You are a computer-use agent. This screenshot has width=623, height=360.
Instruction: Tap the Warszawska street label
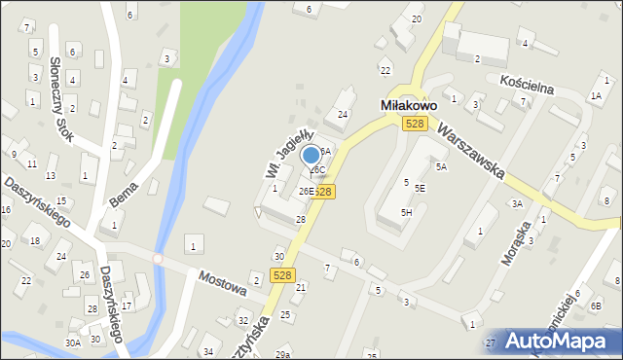point(470,152)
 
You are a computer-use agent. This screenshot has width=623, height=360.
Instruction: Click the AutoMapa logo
point(557,341)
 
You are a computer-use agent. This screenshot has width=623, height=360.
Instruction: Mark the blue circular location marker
point(311,155)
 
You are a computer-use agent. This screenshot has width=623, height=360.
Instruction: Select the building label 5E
point(420,189)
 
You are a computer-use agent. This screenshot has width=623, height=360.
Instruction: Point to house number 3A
point(518,204)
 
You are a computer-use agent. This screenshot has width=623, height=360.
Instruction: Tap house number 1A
point(596,96)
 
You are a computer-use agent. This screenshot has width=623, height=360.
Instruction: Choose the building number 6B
point(596,306)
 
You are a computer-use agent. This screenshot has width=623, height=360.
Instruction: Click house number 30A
point(73,342)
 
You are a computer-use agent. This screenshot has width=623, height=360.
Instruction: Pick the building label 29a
point(282,355)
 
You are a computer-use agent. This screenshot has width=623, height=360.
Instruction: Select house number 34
point(207,351)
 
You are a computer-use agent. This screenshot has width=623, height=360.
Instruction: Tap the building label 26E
point(306,192)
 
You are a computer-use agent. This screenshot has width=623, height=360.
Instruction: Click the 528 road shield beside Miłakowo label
point(416,122)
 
